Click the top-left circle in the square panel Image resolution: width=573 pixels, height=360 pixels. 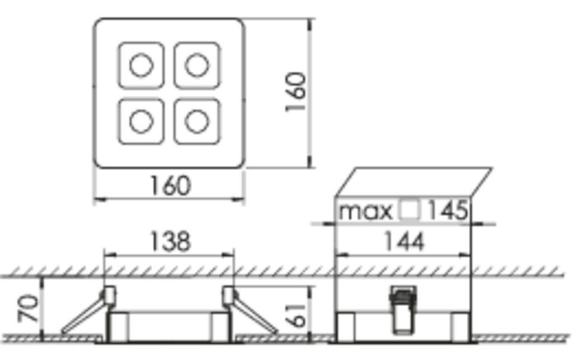[x=141, y=65]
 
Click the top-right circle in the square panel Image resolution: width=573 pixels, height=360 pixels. [x=196, y=65]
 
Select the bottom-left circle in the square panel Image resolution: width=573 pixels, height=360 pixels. [x=141, y=121]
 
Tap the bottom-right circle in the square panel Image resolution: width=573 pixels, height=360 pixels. [x=196, y=121]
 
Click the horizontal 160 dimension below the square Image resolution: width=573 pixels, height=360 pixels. [x=170, y=185]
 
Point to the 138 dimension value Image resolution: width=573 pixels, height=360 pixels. [x=170, y=241]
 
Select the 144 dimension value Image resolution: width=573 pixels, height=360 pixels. [x=403, y=241]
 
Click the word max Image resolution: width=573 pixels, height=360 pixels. [x=367, y=211]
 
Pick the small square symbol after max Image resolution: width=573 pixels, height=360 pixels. [x=410, y=211]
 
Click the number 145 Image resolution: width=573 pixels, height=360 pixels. [x=448, y=211]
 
